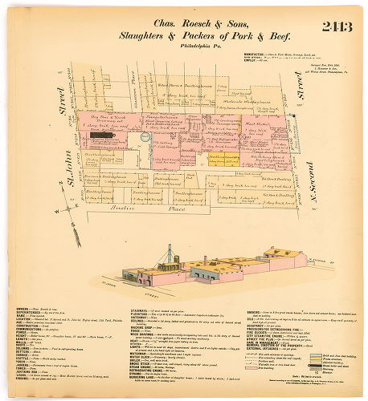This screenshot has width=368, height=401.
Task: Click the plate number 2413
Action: [337, 26]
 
